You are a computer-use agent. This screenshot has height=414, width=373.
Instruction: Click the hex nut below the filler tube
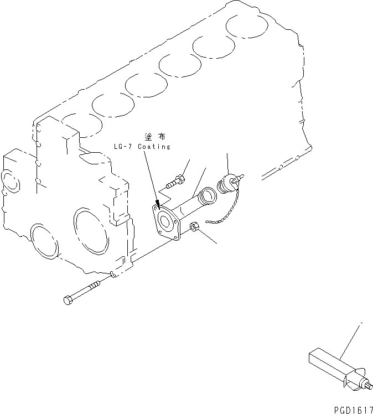[194, 226]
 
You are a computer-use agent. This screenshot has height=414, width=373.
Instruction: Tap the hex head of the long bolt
[68, 301]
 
